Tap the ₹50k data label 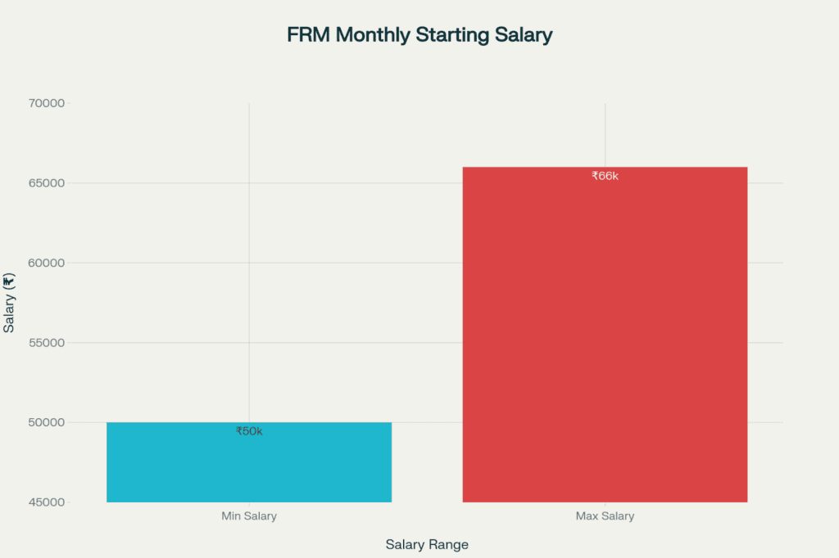click(249, 431)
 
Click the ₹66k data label click(605, 176)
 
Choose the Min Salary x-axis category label click(249, 516)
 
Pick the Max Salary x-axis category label click(605, 516)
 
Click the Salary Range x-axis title click(426, 544)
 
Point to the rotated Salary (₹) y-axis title click(9, 304)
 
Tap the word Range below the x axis click(449, 544)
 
